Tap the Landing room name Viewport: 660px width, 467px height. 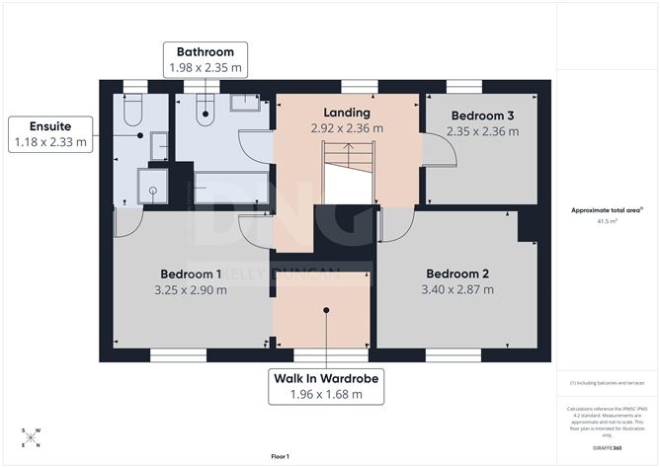click(347, 112)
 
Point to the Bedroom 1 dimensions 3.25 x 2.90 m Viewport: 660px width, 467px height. click(191, 290)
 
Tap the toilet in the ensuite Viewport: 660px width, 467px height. click(133, 111)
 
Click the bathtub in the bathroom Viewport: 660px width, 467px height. click(230, 188)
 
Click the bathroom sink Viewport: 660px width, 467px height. click(243, 102)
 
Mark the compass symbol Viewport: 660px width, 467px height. click(31, 436)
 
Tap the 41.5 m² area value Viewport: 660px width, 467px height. click(607, 222)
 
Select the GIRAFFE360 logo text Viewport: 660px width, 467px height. click(606, 448)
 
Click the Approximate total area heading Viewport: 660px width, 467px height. click(607, 210)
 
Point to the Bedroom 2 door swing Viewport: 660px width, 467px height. click(390, 228)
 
